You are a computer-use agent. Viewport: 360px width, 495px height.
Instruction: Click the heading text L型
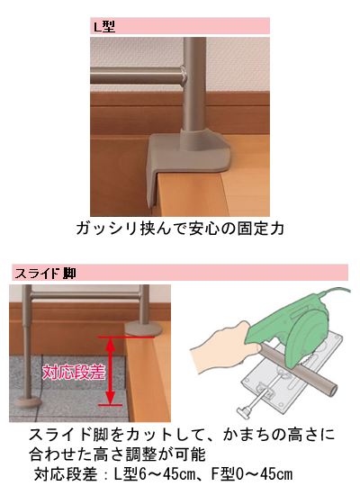[103, 26]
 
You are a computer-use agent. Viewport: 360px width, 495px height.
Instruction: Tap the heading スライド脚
[45, 273]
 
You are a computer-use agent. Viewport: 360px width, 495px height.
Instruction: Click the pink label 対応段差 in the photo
[73, 373]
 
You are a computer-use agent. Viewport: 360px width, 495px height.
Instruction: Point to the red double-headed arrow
[110, 371]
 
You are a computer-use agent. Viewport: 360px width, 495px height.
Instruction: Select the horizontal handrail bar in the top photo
[138, 75]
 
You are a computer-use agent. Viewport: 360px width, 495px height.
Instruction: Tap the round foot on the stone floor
[27, 402]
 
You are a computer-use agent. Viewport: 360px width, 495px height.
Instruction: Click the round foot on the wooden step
[143, 328]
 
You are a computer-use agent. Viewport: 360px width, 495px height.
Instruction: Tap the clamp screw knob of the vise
[244, 410]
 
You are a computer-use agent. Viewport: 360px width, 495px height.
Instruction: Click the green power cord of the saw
[335, 291]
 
